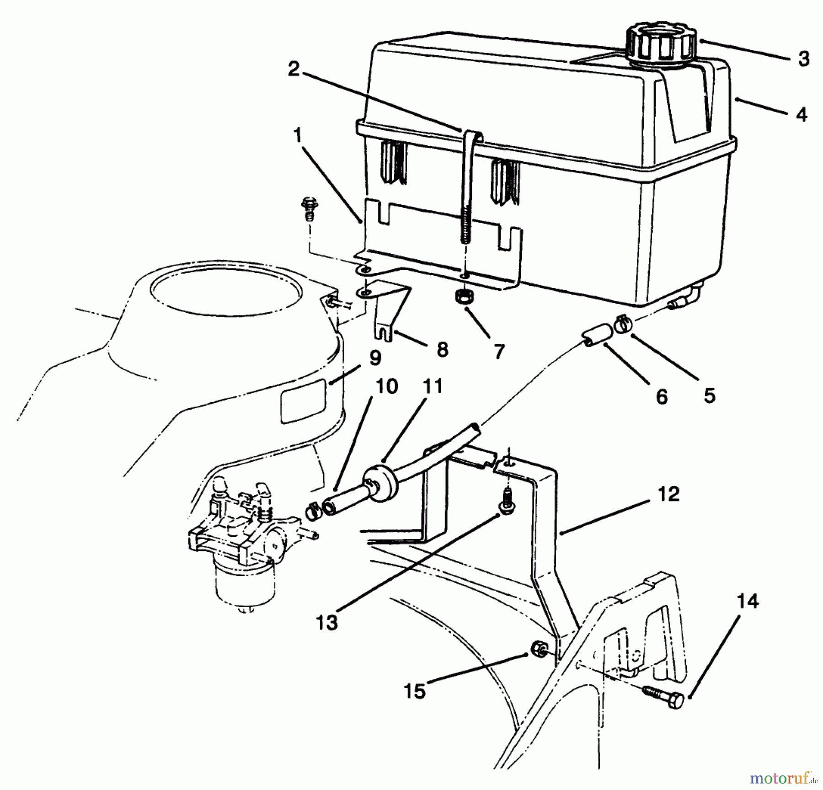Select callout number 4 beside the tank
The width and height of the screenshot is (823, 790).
tap(801, 114)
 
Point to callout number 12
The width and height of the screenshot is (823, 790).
tap(669, 494)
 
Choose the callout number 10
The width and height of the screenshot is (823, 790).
tap(386, 386)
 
